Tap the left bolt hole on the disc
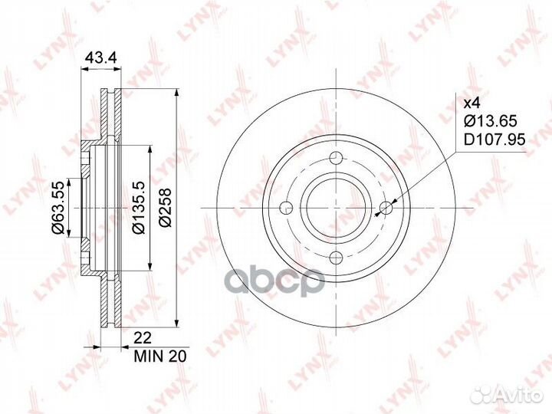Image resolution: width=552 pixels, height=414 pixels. (x=286, y=208)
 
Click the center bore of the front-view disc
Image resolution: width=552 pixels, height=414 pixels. (x=337, y=208)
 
